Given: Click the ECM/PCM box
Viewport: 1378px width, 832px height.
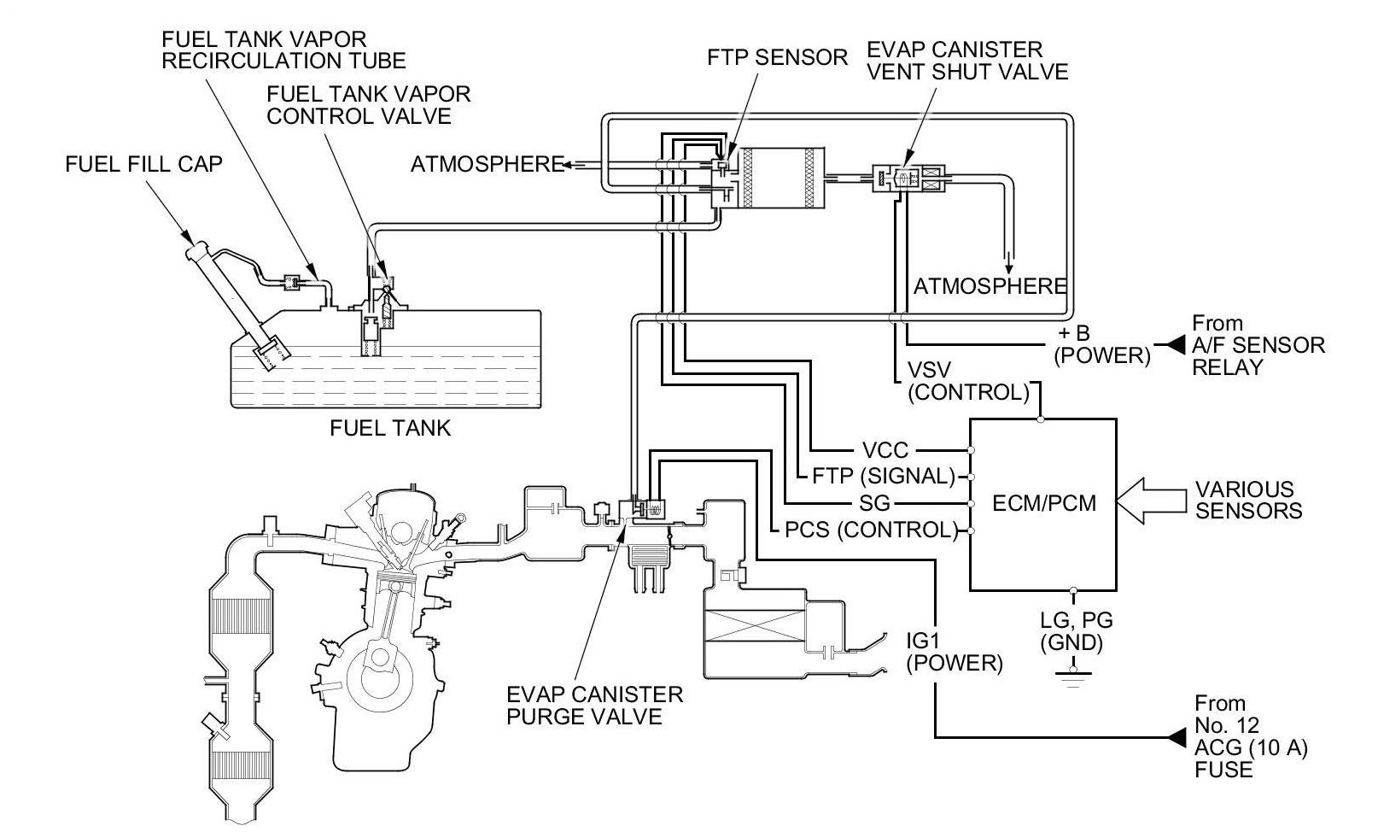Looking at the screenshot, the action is (1043, 505).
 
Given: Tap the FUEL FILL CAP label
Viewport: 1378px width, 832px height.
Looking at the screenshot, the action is (144, 164).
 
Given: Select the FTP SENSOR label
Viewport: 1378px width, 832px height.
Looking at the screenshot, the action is (777, 57).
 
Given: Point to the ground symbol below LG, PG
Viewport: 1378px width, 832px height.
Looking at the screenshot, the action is (1073, 677).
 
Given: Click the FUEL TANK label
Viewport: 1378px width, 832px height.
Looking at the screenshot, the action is (390, 428).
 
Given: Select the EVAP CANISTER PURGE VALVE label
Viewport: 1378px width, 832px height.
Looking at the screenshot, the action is (594, 706).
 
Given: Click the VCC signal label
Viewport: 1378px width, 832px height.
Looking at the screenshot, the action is (885, 450).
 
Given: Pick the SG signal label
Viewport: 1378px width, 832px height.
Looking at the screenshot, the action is (874, 503).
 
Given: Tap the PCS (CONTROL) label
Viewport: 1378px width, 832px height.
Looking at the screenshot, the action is (872, 530).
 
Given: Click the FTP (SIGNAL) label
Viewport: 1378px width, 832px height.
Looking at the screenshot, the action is (884, 477).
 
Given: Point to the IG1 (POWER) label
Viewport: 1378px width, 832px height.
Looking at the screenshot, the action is (955, 653).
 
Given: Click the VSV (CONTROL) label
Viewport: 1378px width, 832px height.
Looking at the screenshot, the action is (968, 382).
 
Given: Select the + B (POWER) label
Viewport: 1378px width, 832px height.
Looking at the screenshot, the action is (1101, 344).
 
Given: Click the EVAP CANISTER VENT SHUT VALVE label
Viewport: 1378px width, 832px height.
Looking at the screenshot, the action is (967, 61).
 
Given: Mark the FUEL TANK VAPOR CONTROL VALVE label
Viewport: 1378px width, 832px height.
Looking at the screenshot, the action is (369, 105).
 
